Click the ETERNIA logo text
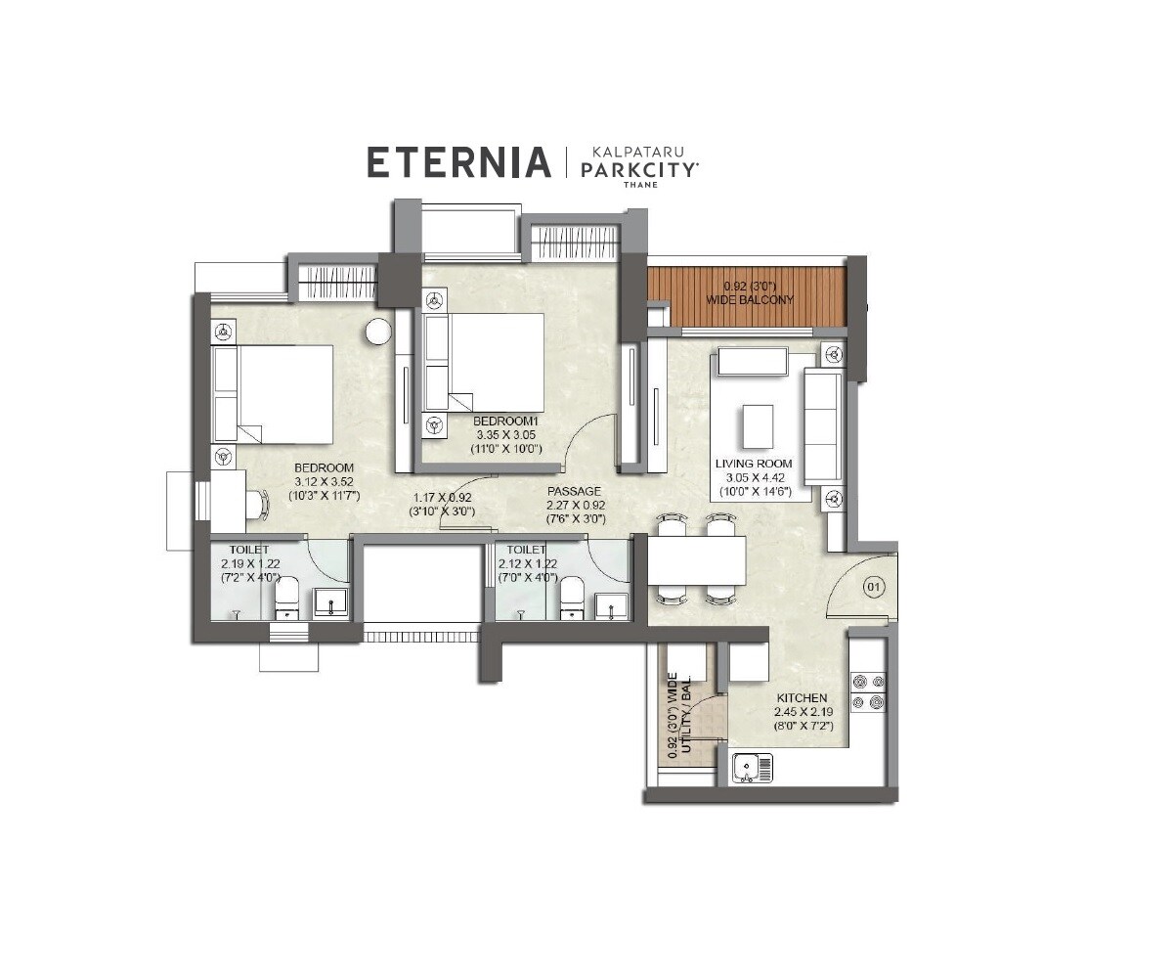pyautogui.click(x=458, y=162)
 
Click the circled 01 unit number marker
pyautogui.click(x=873, y=588)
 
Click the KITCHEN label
pyautogui.click(x=802, y=698)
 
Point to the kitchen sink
pyautogui.click(x=752, y=767)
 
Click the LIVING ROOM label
pyautogui.click(x=753, y=464)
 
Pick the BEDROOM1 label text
pyautogui.click(x=506, y=420)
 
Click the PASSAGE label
pyautogui.click(x=574, y=491)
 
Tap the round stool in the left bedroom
pyautogui.click(x=378, y=332)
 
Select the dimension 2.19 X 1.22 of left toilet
pyautogui.click(x=249, y=564)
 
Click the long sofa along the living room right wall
pyautogui.click(x=821, y=427)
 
